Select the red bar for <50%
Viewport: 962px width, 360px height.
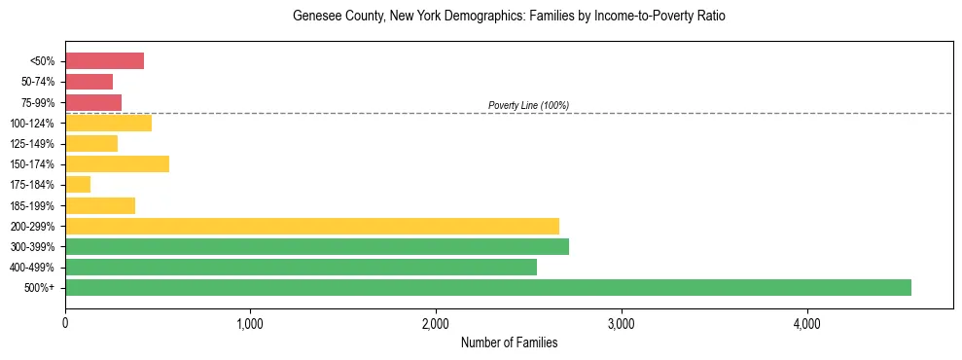(x=104, y=61)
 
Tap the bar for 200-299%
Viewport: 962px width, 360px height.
(x=312, y=226)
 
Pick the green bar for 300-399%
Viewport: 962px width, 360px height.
(x=317, y=246)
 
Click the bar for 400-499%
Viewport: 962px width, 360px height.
(x=301, y=267)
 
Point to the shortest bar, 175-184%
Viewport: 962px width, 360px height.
(x=78, y=184)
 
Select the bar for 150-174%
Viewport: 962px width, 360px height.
(x=117, y=163)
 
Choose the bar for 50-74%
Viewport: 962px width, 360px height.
(x=89, y=82)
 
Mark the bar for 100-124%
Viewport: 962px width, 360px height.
(x=108, y=123)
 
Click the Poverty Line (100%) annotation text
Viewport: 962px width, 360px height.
(x=528, y=105)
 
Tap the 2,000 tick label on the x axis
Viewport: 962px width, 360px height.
(x=436, y=323)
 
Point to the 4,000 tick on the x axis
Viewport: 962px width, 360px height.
(x=806, y=323)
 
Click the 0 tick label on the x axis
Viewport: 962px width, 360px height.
(x=65, y=323)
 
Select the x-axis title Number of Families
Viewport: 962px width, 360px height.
(x=509, y=342)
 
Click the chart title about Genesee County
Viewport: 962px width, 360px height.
(x=509, y=18)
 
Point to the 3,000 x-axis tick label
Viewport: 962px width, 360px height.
(x=621, y=323)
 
